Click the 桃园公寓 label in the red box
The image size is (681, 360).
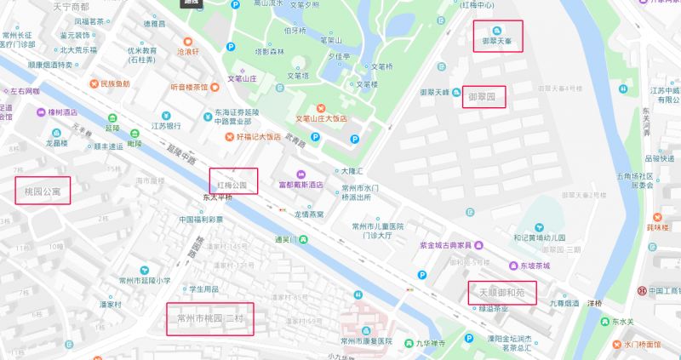coord(43,191)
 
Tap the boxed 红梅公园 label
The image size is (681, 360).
coord(232,182)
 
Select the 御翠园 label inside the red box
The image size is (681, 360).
coord(484,96)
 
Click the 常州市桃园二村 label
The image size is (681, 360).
coord(210,319)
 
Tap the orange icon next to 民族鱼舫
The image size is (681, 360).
coord(93,84)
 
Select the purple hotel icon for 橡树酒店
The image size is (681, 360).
coord(40,111)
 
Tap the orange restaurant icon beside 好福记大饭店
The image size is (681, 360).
coord(228,136)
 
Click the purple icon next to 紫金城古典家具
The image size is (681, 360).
coord(410,245)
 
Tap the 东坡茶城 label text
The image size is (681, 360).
coord(535,266)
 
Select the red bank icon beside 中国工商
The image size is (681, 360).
coord(643,291)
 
